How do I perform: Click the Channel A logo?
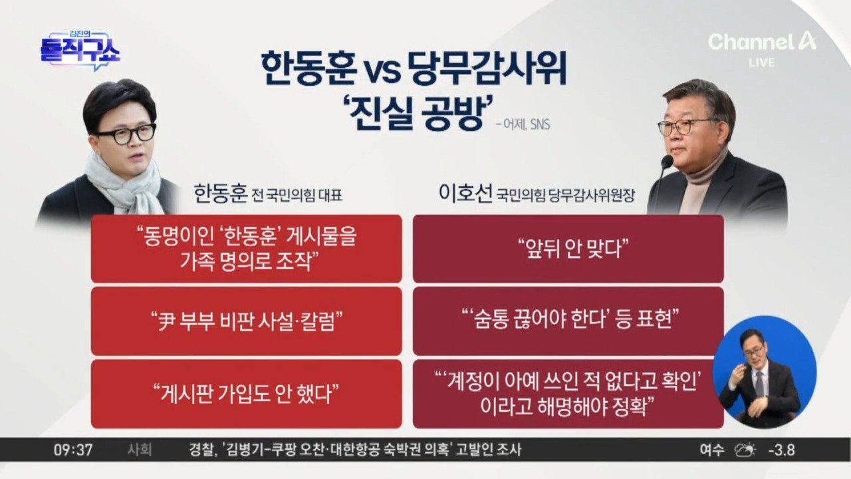(761, 41)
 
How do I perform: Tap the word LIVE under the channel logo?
(762, 63)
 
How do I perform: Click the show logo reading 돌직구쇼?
(80, 51)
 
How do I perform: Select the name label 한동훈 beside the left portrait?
(221, 194)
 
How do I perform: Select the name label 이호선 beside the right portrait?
(465, 194)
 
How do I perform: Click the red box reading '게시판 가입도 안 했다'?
(246, 394)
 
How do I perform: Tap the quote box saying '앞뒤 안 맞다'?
(568, 249)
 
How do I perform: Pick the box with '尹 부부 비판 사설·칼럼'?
(246, 321)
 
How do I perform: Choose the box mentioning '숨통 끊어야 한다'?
(568, 321)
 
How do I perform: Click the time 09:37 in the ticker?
(73, 450)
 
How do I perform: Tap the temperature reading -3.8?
(781, 450)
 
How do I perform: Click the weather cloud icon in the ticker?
(745, 450)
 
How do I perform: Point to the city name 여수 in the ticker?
(711, 450)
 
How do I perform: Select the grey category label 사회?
(140, 450)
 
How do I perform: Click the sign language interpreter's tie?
(759, 385)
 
